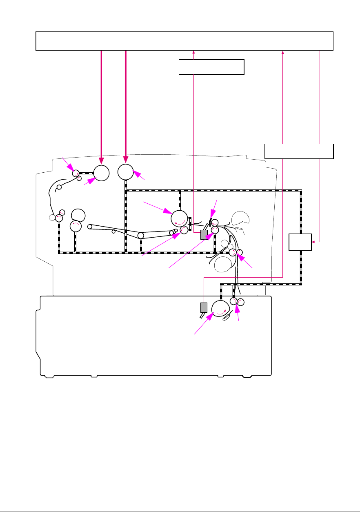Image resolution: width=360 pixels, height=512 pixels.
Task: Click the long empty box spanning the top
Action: [x=185, y=40]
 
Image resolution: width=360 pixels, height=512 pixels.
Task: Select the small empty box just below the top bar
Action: [x=211, y=67]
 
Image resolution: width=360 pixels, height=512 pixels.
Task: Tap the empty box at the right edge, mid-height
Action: [x=299, y=151]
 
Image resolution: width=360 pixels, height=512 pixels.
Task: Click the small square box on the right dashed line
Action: [x=300, y=242]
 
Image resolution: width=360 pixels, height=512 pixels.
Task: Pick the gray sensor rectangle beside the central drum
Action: [x=204, y=234]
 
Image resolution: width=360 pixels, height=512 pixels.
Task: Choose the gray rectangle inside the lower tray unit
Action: [x=204, y=307]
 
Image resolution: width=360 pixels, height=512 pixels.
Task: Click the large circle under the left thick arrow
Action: [x=101, y=173]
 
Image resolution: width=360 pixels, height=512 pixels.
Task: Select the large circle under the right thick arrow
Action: [x=126, y=172]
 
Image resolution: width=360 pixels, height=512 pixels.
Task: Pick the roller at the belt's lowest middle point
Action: [x=141, y=236]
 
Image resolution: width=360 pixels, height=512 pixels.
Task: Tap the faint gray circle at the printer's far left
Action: [x=52, y=217]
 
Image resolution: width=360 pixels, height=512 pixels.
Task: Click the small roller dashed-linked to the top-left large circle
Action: [x=76, y=173]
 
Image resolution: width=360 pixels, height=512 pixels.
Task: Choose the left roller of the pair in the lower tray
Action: [x=233, y=301]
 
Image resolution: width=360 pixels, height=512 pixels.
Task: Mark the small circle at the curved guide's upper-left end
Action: [x=59, y=187]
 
